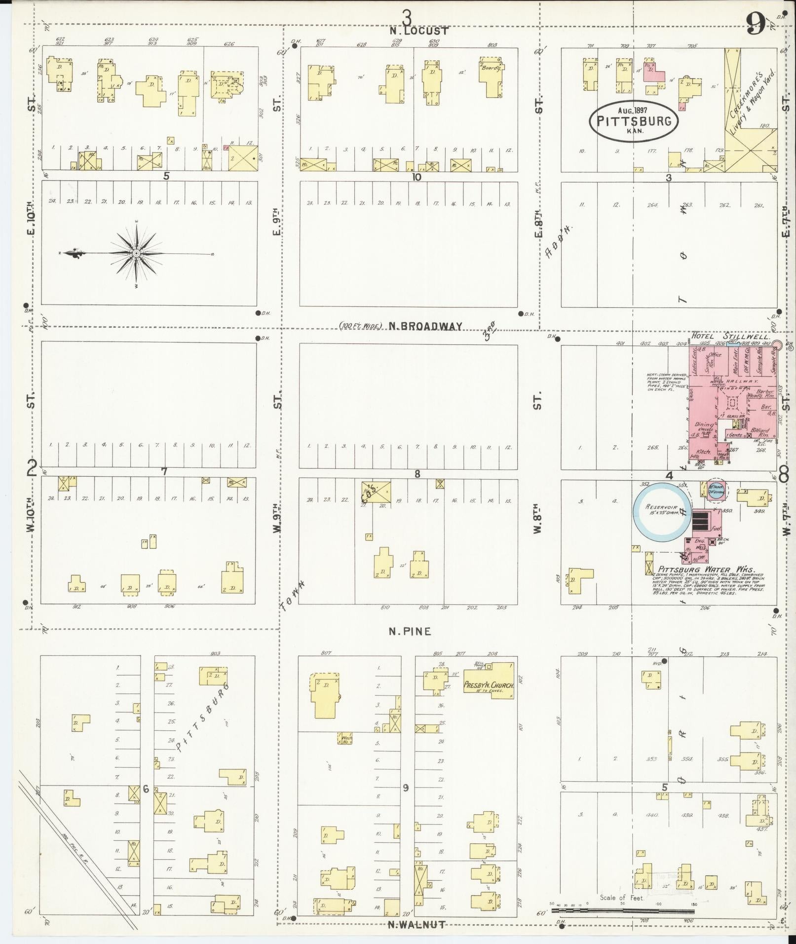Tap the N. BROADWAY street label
425,326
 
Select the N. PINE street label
410,631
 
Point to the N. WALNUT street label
417,924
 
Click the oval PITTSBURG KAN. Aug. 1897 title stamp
634,120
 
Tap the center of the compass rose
136,253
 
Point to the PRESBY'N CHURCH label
489,685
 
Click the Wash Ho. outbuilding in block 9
344,739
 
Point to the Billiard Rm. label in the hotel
759,431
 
